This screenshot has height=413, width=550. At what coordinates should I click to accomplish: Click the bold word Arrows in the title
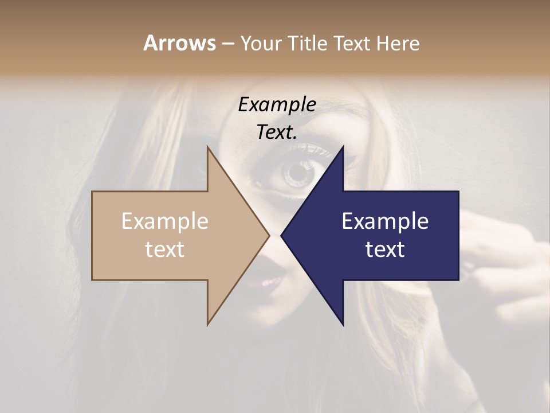point(179,43)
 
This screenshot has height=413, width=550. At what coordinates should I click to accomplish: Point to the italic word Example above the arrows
point(277,104)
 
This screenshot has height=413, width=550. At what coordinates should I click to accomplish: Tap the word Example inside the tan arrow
point(165,221)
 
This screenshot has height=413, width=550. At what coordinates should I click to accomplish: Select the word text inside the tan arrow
point(165,250)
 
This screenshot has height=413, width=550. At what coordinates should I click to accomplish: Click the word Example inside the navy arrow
point(385,221)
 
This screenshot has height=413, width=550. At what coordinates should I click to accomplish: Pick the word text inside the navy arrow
point(385,250)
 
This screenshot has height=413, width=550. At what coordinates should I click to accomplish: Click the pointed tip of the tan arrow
point(268,235)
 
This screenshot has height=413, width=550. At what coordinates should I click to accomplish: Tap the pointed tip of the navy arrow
point(282,235)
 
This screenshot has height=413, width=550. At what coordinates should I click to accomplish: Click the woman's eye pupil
point(299,172)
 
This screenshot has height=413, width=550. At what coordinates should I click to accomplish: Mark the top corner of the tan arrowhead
point(208,147)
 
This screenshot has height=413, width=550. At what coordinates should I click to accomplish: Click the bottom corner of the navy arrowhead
point(343,324)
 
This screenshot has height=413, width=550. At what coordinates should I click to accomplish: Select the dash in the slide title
point(227,44)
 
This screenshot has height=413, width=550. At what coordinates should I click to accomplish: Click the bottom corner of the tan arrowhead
point(208,324)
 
